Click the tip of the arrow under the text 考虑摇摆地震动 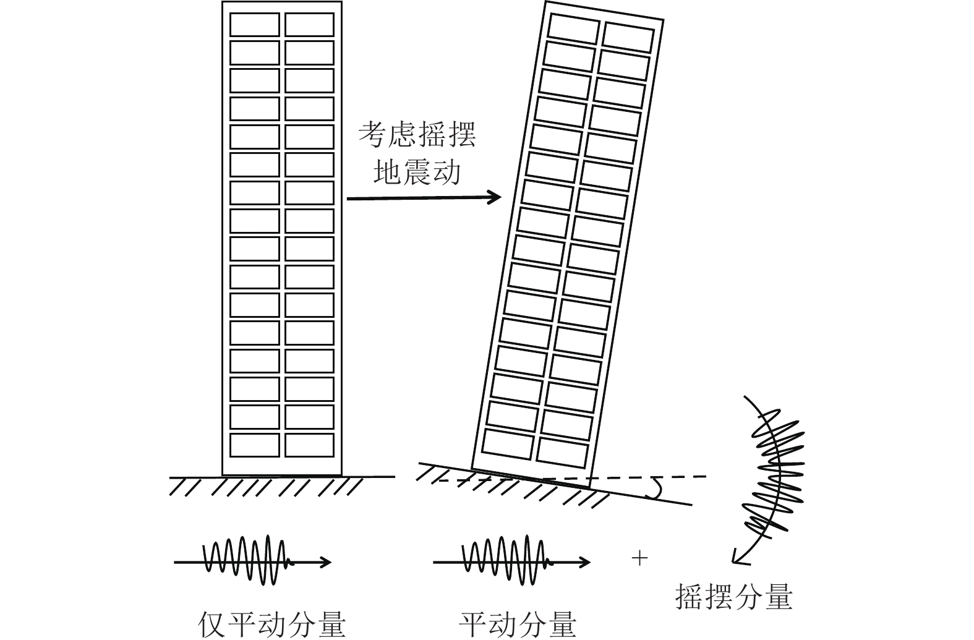coord(501,197)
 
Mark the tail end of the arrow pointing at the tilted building coord(347,198)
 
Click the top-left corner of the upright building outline coord(222,2)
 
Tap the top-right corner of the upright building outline coord(342,2)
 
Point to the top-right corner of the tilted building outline coord(664,19)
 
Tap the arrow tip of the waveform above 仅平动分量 coord(331,562)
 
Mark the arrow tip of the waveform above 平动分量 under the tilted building coord(590,562)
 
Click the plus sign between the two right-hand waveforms coord(639,558)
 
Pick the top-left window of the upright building coord(254,24)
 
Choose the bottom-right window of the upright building coord(310,445)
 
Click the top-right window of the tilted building coord(629,38)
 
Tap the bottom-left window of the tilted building coord(508,444)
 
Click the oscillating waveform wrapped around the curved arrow coord(774,474)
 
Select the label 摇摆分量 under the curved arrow coord(734,597)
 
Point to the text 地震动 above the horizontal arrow coord(417,172)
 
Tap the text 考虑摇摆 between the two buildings coord(417,134)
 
